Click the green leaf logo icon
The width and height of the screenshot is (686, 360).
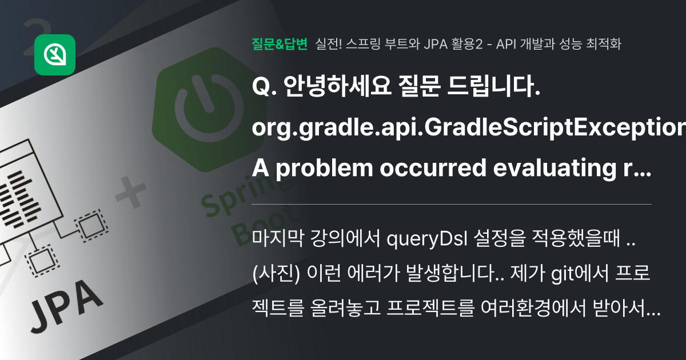55,55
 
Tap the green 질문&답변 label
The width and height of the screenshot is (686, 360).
280,44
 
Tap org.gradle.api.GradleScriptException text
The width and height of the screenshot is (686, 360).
469,130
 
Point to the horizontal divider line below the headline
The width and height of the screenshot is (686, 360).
452,204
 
